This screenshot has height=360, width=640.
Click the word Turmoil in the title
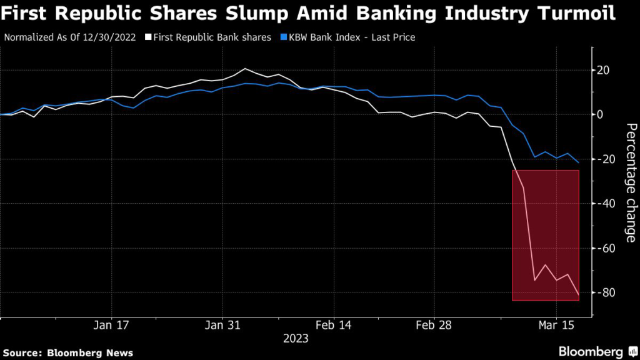[x=572, y=12]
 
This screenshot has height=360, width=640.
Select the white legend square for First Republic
[x=149, y=37]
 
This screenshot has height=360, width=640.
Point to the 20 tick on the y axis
[x=604, y=70]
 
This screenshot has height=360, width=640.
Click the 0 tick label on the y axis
[x=601, y=114]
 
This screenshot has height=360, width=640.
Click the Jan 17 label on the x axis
[x=111, y=326]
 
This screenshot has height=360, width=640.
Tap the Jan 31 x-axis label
[x=222, y=326]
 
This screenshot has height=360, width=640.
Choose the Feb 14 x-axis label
[x=334, y=326]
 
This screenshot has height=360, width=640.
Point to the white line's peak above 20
[x=245, y=69]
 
